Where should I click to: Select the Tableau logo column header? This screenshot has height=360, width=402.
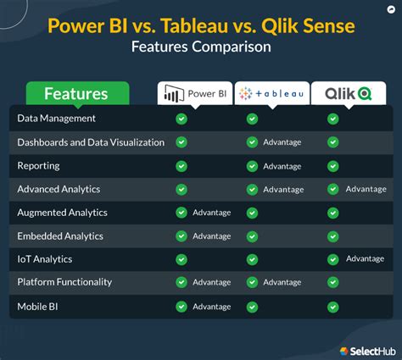click(271, 94)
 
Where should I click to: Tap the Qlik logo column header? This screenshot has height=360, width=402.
click(348, 94)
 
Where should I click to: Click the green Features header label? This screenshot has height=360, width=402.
click(76, 94)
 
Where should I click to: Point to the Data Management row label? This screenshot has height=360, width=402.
click(57, 119)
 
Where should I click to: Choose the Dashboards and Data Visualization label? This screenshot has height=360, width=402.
click(91, 142)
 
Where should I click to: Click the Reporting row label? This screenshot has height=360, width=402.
click(39, 165)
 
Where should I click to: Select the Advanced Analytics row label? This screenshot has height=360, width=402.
click(59, 189)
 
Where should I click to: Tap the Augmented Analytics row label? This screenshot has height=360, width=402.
click(62, 212)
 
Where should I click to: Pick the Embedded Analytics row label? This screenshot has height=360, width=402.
click(59, 235)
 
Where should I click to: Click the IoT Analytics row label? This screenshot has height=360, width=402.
click(45, 258)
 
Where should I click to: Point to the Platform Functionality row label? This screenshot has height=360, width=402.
click(64, 282)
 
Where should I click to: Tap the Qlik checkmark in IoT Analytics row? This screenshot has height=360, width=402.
click(332, 259)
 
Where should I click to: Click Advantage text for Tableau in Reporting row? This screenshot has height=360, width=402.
click(282, 166)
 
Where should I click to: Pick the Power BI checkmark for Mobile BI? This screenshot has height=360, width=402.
click(181, 306)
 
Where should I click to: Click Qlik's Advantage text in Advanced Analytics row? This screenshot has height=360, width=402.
click(366, 189)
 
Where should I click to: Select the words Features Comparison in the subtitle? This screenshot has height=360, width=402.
click(201, 47)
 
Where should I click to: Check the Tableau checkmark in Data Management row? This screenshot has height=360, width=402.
click(252, 119)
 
